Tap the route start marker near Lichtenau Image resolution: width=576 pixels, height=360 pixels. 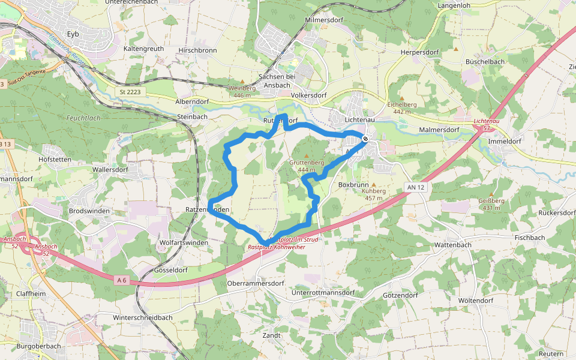365,139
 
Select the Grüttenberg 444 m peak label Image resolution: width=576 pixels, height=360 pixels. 306,166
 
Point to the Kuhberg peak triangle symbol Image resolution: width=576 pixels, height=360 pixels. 374,185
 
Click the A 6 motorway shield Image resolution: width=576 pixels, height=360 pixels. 122,280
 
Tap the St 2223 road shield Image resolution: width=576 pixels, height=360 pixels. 130,91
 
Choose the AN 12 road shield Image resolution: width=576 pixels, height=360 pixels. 415,187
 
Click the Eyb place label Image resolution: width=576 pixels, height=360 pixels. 73,34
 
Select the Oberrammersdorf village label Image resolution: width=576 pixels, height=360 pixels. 256,283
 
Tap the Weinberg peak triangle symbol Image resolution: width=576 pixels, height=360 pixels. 242,82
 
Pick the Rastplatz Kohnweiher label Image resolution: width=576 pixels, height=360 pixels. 277,247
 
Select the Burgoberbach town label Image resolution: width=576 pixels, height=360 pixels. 39,346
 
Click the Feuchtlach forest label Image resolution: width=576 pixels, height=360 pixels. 83,118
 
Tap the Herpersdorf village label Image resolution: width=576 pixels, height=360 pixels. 420,52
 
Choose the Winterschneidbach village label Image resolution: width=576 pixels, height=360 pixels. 143,317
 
